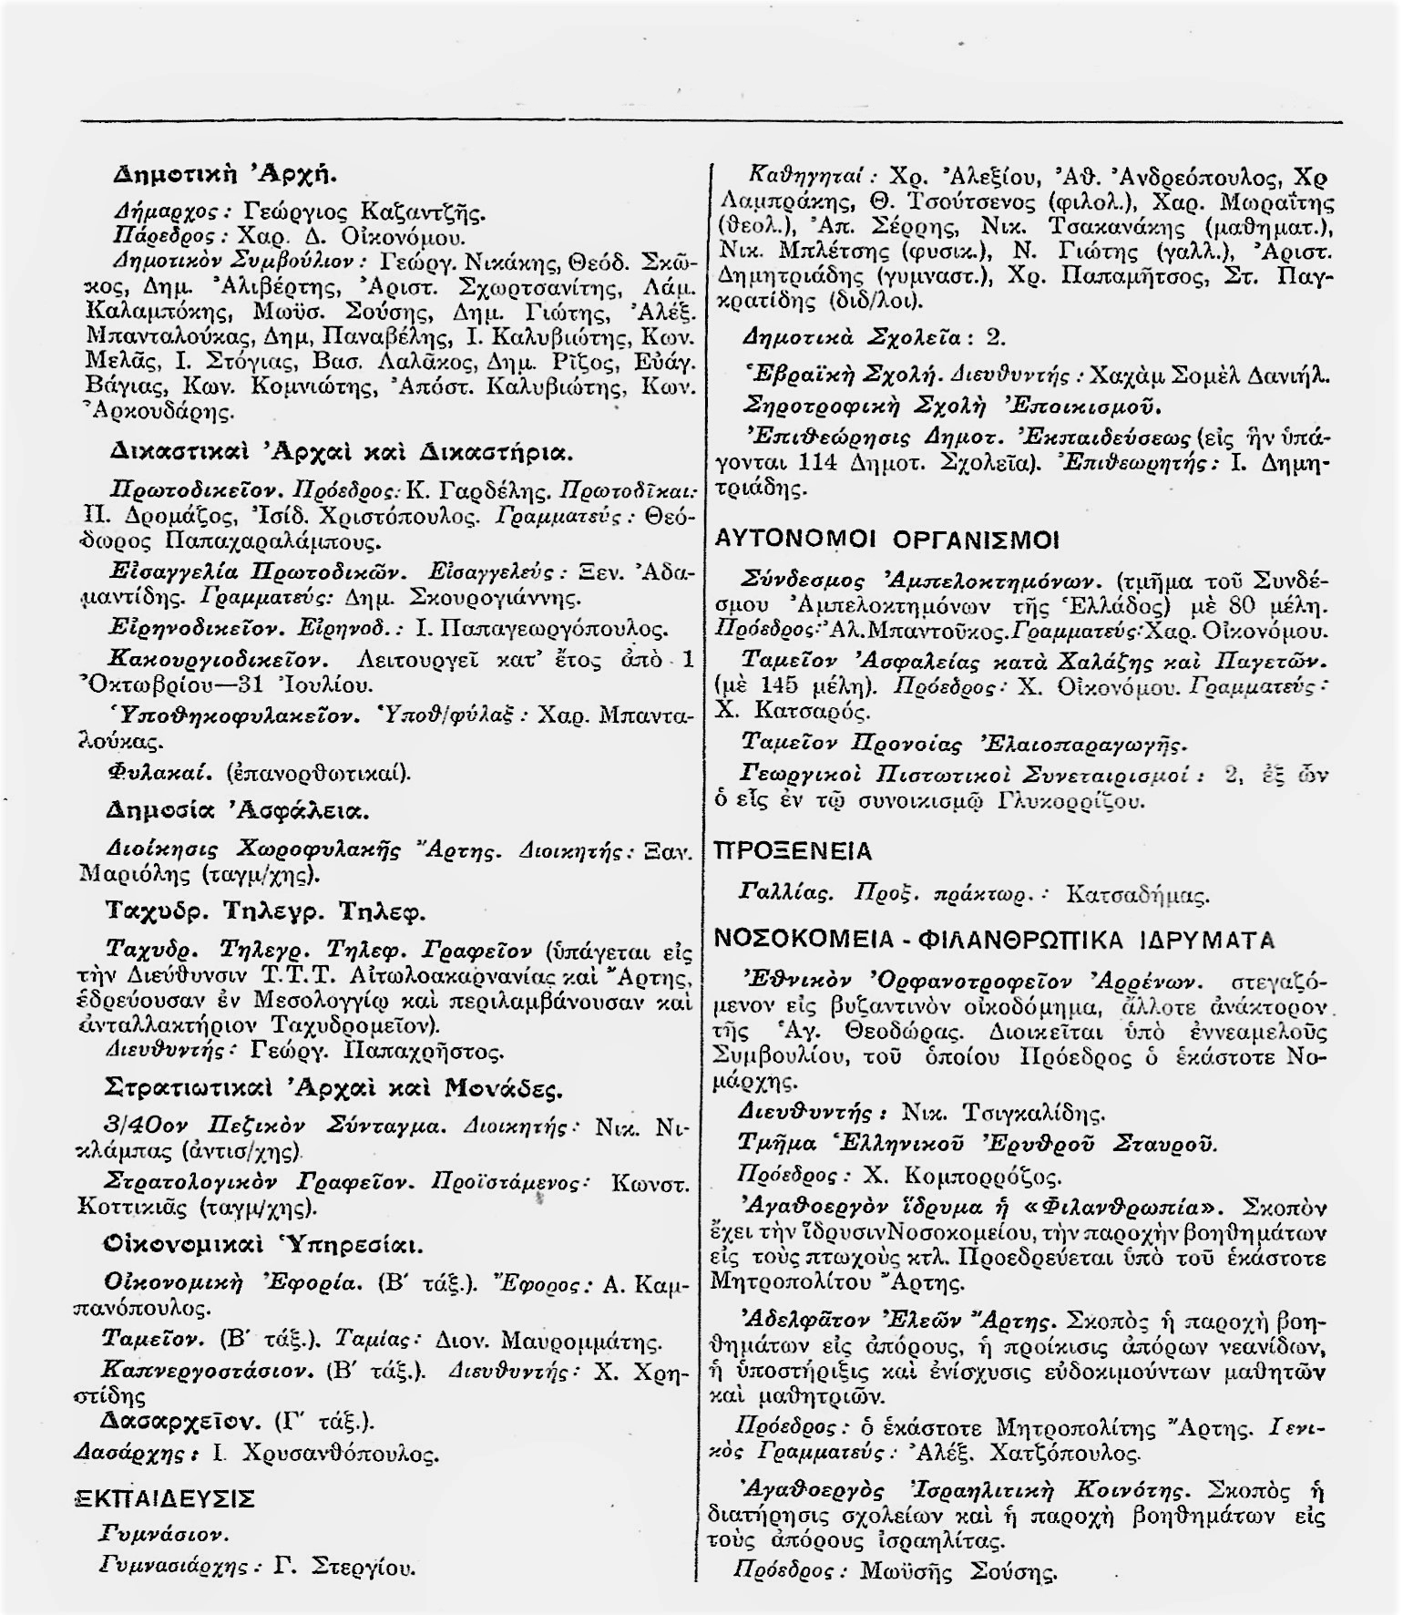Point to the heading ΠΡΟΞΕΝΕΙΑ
[794, 851]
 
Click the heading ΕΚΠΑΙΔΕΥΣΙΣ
[163, 1499]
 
